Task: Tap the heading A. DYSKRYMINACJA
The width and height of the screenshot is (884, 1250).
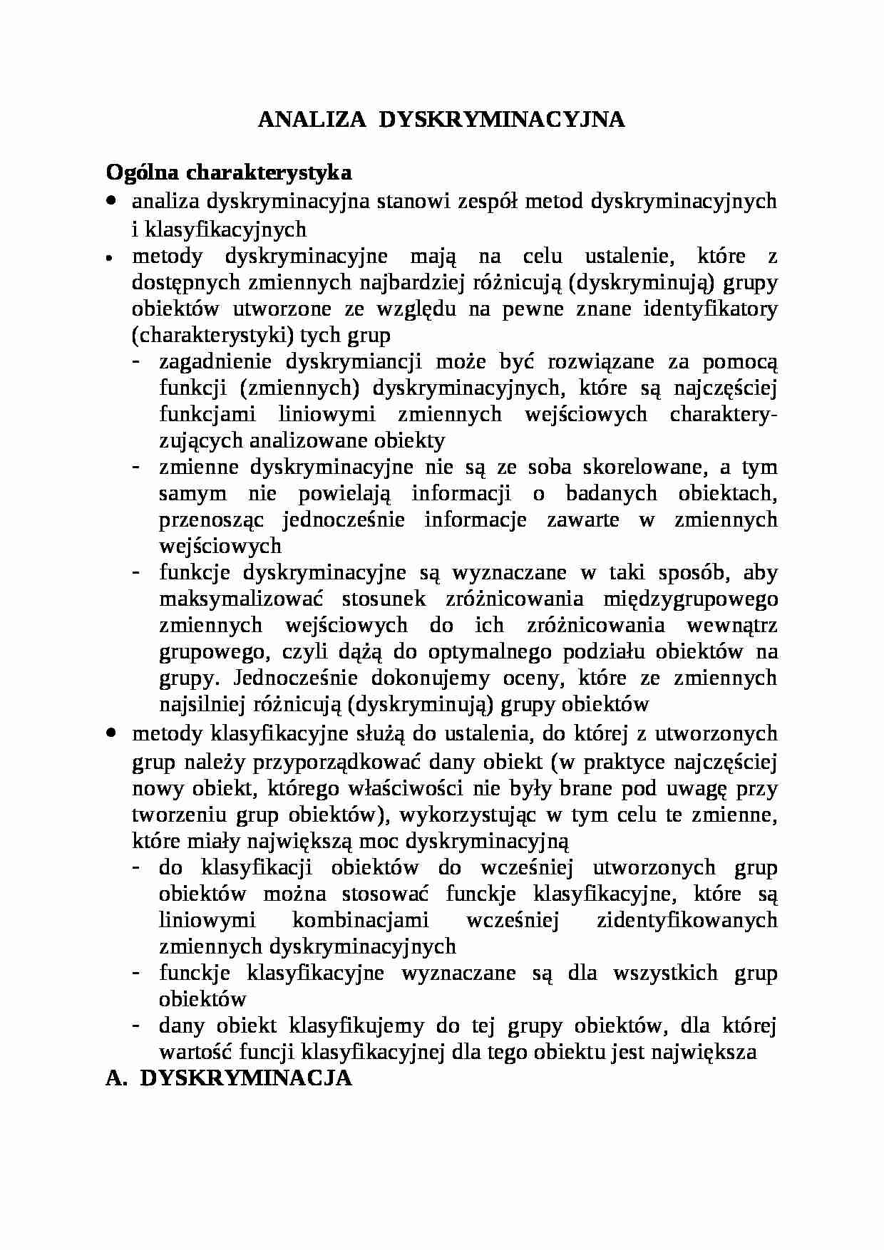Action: pyautogui.click(x=229, y=1078)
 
